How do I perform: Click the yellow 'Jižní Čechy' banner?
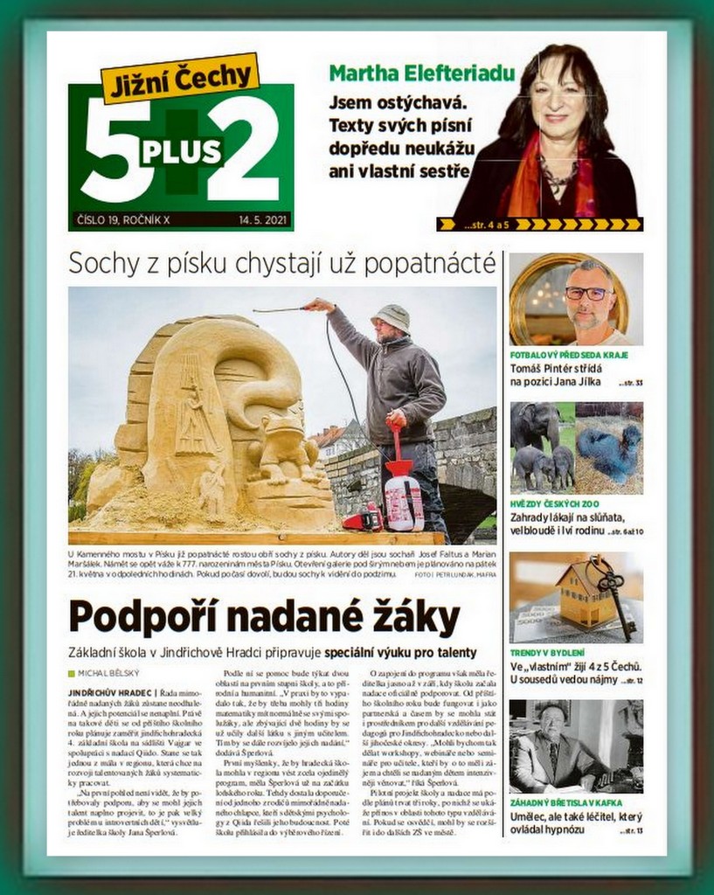181,79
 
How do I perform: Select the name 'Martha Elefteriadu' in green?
421,73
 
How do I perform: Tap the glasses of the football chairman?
588,293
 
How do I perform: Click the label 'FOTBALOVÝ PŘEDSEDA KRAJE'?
569,356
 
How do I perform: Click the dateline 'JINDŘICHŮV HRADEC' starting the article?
111,692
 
